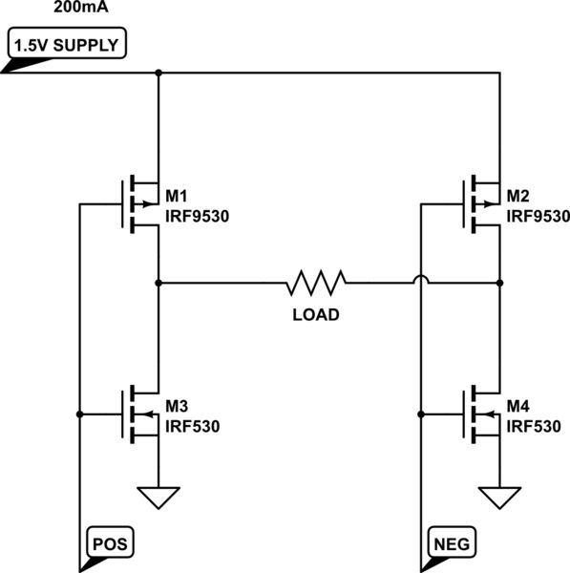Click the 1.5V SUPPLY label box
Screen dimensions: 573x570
[66, 45]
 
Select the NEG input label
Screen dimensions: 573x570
[452, 542]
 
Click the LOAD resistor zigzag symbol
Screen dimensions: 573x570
[315, 283]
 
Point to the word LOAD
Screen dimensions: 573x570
[315, 314]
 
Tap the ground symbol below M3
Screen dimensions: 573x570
[158, 498]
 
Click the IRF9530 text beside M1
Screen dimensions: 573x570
[198, 216]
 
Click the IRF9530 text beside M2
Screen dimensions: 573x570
[538, 216]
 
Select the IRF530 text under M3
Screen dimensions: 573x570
[193, 426]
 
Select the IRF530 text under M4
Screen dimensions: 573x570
[534, 426]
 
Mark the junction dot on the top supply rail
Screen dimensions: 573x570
[158, 73]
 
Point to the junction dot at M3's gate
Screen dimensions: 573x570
[79, 414]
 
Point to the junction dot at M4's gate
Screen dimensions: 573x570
[420, 414]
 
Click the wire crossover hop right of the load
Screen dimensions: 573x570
[420, 281]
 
